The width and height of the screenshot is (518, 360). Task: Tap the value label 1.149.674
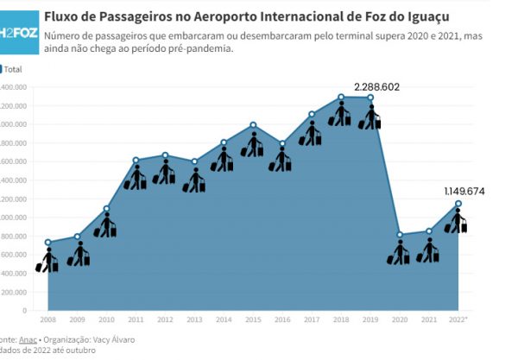464,190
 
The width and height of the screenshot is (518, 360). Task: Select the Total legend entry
13,68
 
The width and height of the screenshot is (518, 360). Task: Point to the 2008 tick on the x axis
48,319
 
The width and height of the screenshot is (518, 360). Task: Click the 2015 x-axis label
253,319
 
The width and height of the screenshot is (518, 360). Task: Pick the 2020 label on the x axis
400,319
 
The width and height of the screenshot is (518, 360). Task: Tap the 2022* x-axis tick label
459,319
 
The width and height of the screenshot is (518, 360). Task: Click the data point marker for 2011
136,160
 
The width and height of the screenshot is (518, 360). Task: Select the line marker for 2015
253,125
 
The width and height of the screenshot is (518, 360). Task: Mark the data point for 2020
400,234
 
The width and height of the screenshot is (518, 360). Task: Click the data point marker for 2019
370,98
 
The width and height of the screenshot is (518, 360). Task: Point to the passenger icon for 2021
428,250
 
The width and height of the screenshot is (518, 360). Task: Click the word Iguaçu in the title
423,16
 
